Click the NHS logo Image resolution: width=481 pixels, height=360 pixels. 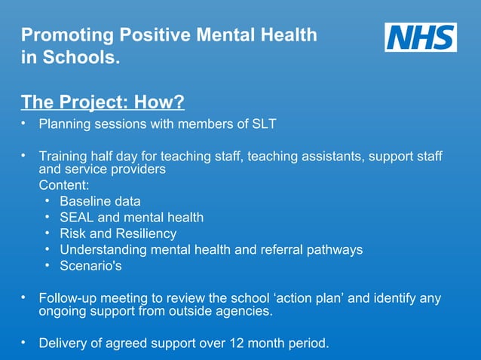point(421,37)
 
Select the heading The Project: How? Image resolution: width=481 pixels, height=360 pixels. point(103,101)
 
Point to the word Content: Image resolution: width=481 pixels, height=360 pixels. point(64,185)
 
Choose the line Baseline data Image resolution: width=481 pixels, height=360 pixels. point(100,201)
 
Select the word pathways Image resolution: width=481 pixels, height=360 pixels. point(334,249)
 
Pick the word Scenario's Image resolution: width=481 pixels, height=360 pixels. point(90,266)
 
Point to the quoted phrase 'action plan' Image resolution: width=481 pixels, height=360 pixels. point(304,298)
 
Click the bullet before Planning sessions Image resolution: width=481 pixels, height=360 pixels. point(24,123)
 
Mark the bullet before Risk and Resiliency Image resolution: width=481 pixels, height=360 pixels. point(47,233)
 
